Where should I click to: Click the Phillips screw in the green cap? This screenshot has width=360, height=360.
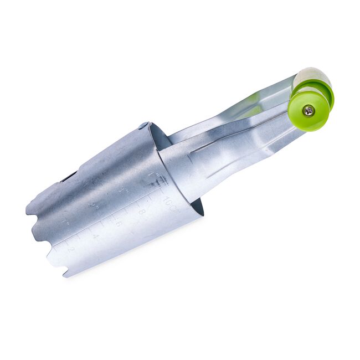[x=308, y=111]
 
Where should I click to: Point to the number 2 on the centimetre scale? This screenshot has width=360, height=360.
[x=70, y=249]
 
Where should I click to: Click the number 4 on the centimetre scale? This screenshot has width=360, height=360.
[x=96, y=237]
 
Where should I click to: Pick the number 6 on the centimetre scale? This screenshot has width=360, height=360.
[x=119, y=224]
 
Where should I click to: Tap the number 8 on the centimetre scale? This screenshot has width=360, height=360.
[x=142, y=212]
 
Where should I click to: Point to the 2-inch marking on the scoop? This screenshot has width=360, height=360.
[x=92, y=205]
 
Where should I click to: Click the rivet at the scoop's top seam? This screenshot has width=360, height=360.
[x=143, y=126]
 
